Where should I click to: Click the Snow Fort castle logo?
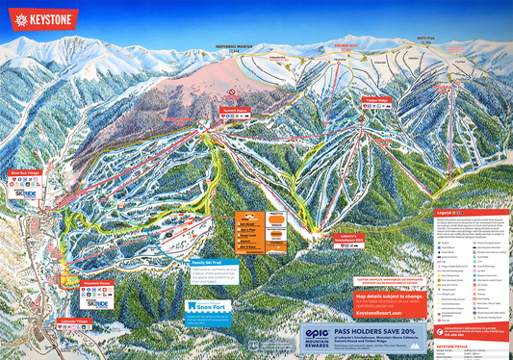click(x=206, y=307)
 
